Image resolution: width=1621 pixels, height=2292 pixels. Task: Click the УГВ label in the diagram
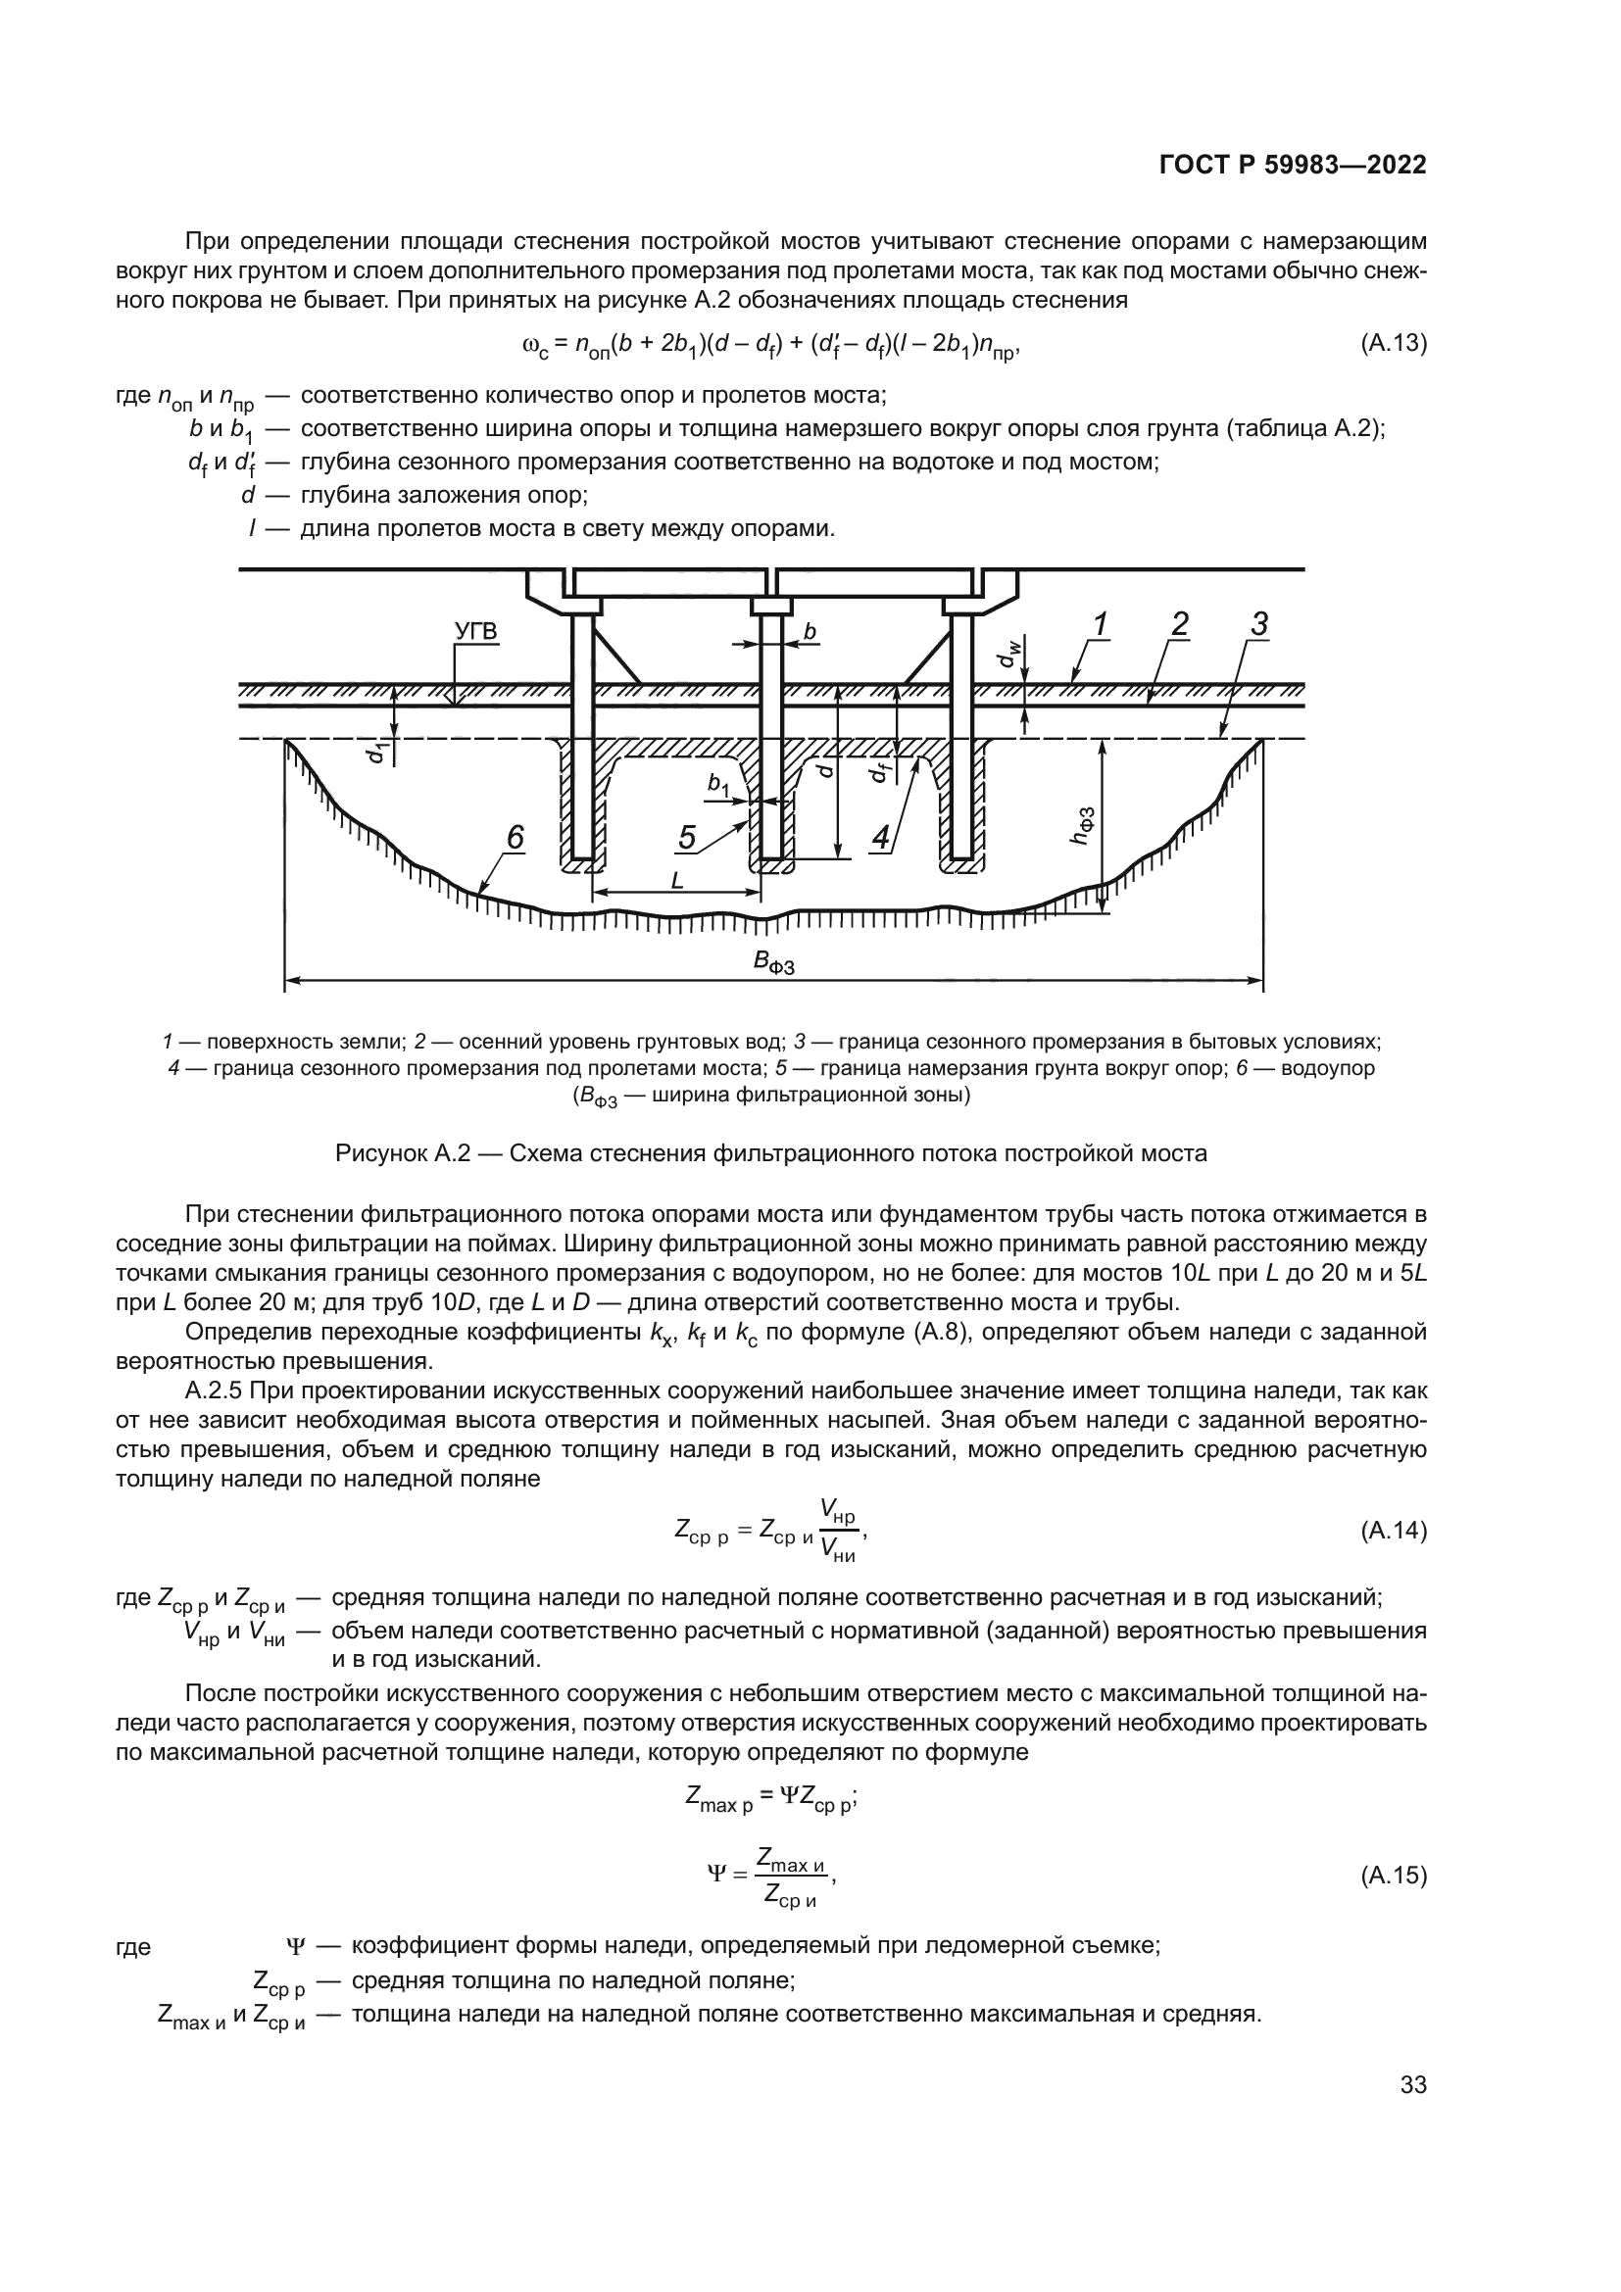pyautogui.click(x=476, y=633)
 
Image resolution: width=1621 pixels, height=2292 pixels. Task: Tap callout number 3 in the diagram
pyautogui.click(x=1258, y=625)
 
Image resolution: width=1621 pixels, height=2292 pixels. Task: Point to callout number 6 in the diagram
pyautogui.click(x=515, y=838)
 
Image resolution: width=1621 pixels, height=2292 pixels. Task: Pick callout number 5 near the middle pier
pyautogui.click(x=687, y=838)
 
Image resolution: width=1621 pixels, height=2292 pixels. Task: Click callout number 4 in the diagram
pyautogui.click(x=880, y=838)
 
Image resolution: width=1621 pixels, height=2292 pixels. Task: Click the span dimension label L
pyautogui.click(x=677, y=881)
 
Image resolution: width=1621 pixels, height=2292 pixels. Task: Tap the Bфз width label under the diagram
pyautogui.click(x=773, y=962)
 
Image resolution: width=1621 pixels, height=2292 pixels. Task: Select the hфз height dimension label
pyautogui.click(x=1081, y=825)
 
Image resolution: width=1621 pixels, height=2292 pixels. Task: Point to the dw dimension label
pyautogui.click(x=1010, y=654)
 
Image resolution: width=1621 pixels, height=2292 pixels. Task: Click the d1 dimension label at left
pyautogui.click(x=375, y=751)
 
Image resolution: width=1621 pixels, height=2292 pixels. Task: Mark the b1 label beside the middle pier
pyautogui.click(x=717, y=787)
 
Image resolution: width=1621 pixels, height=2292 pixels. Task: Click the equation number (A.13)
pyautogui.click(x=1394, y=343)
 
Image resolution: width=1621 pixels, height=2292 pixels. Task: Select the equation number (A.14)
pyautogui.click(x=1394, y=1531)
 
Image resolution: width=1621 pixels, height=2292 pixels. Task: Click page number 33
pyautogui.click(x=1413, y=2084)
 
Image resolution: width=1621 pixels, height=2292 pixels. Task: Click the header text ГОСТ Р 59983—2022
pyautogui.click(x=1293, y=166)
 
